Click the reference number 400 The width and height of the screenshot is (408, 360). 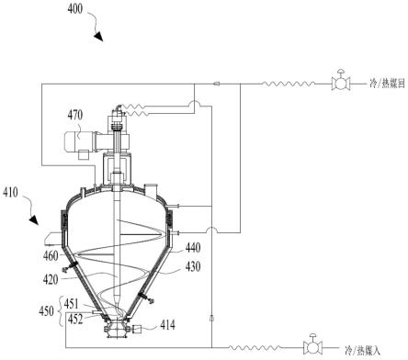click(x=75, y=9)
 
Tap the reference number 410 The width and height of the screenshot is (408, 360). click(x=10, y=193)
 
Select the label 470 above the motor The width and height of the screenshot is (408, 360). click(x=75, y=115)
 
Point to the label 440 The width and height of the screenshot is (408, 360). click(x=193, y=247)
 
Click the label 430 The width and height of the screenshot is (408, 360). click(x=193, y=266)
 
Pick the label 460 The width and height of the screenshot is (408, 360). click(x=51, y=255)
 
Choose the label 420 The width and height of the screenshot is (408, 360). click(x=51, y=279)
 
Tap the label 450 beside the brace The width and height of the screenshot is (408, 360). click(x=46, y=311)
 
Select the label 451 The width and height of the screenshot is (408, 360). click(x=72, y=304)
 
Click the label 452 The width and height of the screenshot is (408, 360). click(x=75, y=319)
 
